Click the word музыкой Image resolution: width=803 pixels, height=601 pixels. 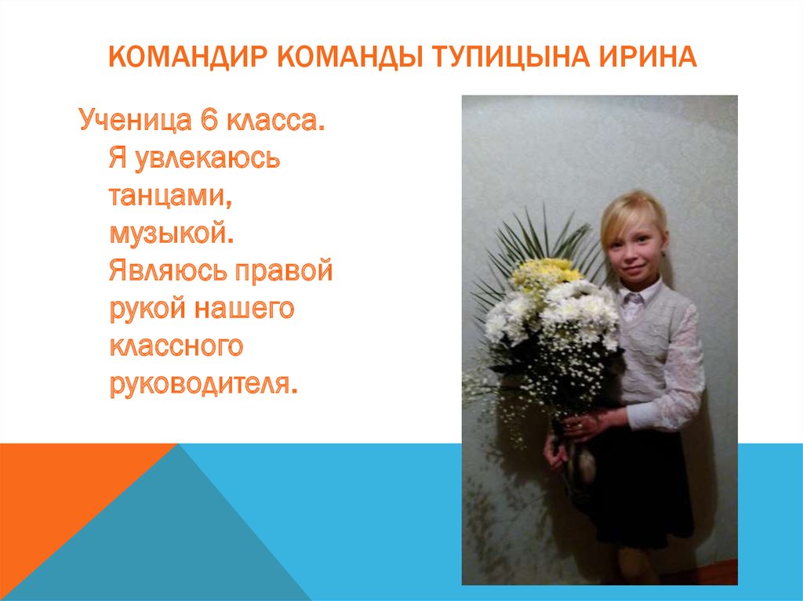point(172,234)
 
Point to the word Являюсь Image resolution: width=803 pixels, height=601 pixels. point(162,272)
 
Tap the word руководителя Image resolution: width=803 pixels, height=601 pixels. point(203,384)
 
